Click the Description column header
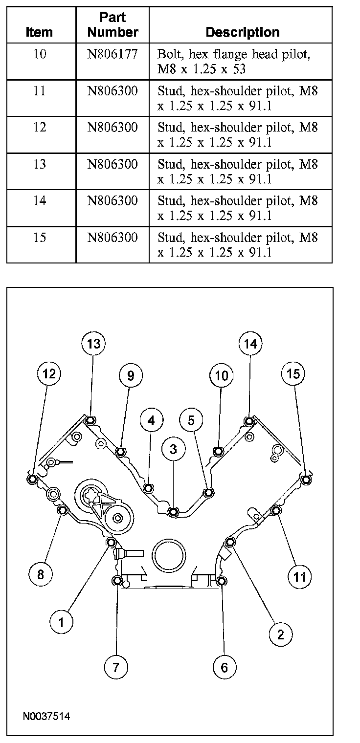click(243, 32)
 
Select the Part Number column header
click(113, 25)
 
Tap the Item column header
click(39, 32)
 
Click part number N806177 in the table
click(112, 54)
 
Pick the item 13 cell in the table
click(39, 164)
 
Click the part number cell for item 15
click(112, 238)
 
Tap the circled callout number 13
click(93, 344)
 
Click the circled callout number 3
click(174, 449)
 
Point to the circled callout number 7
click(116, 667)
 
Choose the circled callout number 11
click(299, 577)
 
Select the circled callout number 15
click(293, 374)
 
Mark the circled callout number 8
click(41, 574)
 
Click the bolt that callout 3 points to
click(173, 512)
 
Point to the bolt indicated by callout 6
click(221, 581)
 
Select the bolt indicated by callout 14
click(249, 421)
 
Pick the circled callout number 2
click(281, 634)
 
